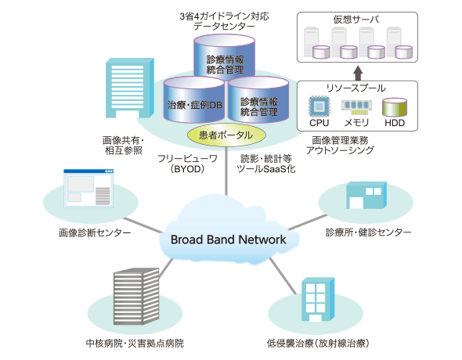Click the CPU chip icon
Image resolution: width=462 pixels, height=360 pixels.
click(319, 106)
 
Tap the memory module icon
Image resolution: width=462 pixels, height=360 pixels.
click(356, 107)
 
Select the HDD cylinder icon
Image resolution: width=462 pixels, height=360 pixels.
click(395, 107)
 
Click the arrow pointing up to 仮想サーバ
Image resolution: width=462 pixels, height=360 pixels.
click(358, 73)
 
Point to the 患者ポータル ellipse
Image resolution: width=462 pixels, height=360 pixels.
click(226, 135)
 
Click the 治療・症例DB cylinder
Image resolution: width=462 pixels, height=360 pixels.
click(194, 100)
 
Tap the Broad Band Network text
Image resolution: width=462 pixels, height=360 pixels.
click(229, 239)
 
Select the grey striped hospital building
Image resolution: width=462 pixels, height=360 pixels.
click(136, 296)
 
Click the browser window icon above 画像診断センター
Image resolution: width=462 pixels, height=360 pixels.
click(88, 189)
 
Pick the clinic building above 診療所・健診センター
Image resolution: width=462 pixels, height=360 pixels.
click(366, 195)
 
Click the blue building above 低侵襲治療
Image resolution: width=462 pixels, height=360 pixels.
click(318, 300)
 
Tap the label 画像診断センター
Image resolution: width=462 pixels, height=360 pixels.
click(95, 233)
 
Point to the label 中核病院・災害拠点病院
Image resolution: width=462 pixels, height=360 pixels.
click(135, 344)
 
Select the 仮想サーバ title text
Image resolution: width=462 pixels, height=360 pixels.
click(356, 20)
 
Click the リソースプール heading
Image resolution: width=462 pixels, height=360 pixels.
click(356, 88)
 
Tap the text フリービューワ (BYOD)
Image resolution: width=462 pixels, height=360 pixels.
click(188, 164)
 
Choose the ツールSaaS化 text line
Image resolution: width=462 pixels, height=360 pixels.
click(266, 169)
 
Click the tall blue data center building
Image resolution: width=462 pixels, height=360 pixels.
click(130, 88)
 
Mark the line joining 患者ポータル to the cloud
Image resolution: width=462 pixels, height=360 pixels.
click(226, 171)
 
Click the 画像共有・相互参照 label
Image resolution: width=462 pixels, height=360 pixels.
click(124, 146)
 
